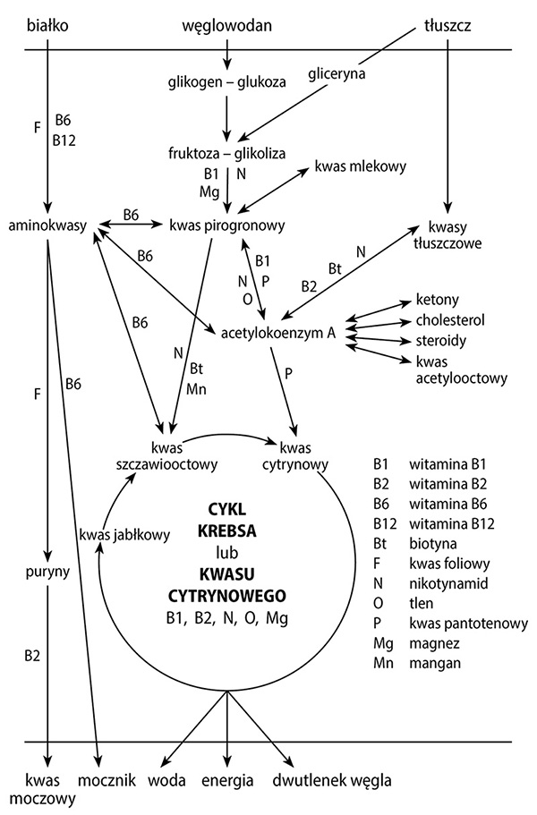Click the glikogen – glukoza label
click(226, 81)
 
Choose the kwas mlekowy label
click(361, 166)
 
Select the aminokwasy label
click(47, 224)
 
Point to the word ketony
click(437, 300)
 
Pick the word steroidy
click(440, 341)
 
